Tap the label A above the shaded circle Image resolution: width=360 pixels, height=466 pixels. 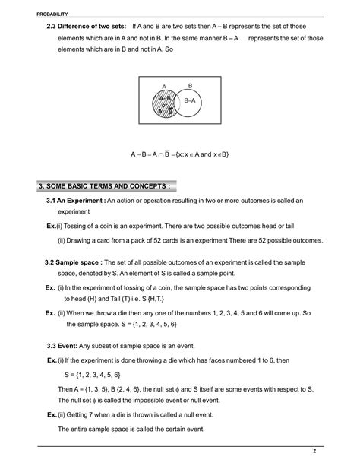click(x=163, y=86)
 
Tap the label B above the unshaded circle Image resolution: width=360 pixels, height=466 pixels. click(x=190, y=86)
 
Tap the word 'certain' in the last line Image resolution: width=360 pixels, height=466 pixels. click(x=183, y=429)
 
